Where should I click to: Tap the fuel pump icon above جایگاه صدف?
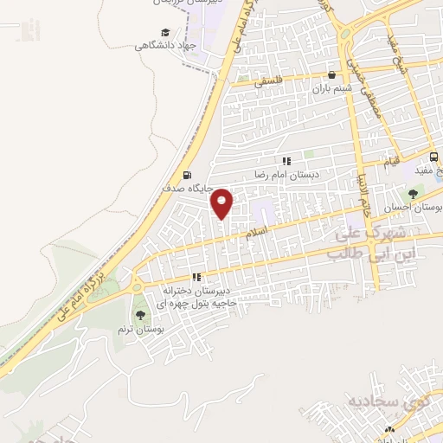187,174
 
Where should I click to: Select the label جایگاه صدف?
185,187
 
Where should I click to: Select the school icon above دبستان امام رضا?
286,161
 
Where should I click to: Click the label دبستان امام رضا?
286,174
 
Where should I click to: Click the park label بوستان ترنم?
140,330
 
